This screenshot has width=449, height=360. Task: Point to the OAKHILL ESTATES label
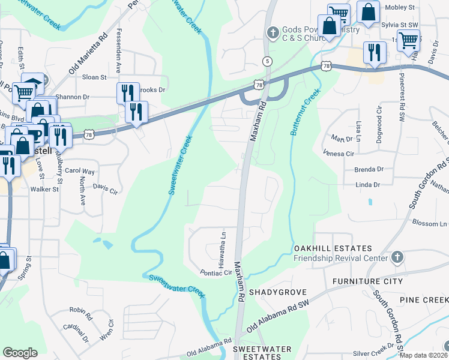tap(333, 248)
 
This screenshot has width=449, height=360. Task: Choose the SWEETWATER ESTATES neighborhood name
tap(262, 353)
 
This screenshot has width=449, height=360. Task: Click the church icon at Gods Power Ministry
tap(272, 31)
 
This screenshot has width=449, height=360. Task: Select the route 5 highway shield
tap(267, 61)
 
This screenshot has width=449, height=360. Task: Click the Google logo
tap(20, 353)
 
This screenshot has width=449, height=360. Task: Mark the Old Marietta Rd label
tap(88, 53)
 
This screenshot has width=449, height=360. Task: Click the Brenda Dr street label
tap(369, 169)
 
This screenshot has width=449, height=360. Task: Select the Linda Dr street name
tap(368, 185)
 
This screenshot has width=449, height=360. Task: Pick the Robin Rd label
tap(80, 312)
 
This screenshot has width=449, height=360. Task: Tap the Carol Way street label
tap(80, 171)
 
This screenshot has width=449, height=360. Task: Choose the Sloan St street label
tap(94, 77)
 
